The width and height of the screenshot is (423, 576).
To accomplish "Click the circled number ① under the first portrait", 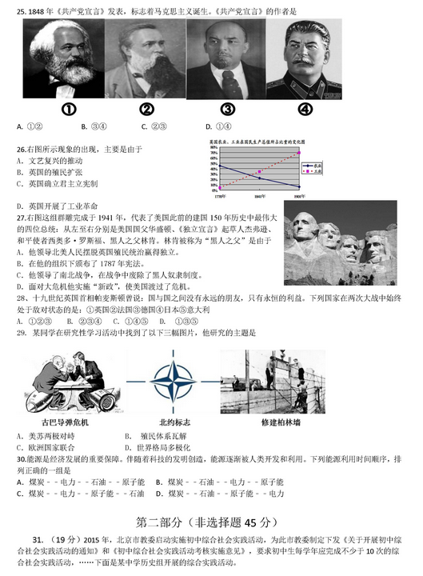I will [x=70, y=110].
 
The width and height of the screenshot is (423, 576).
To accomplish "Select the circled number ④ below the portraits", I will [x=305, y=110].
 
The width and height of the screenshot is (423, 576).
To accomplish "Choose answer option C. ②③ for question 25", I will [x=154, y=126].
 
